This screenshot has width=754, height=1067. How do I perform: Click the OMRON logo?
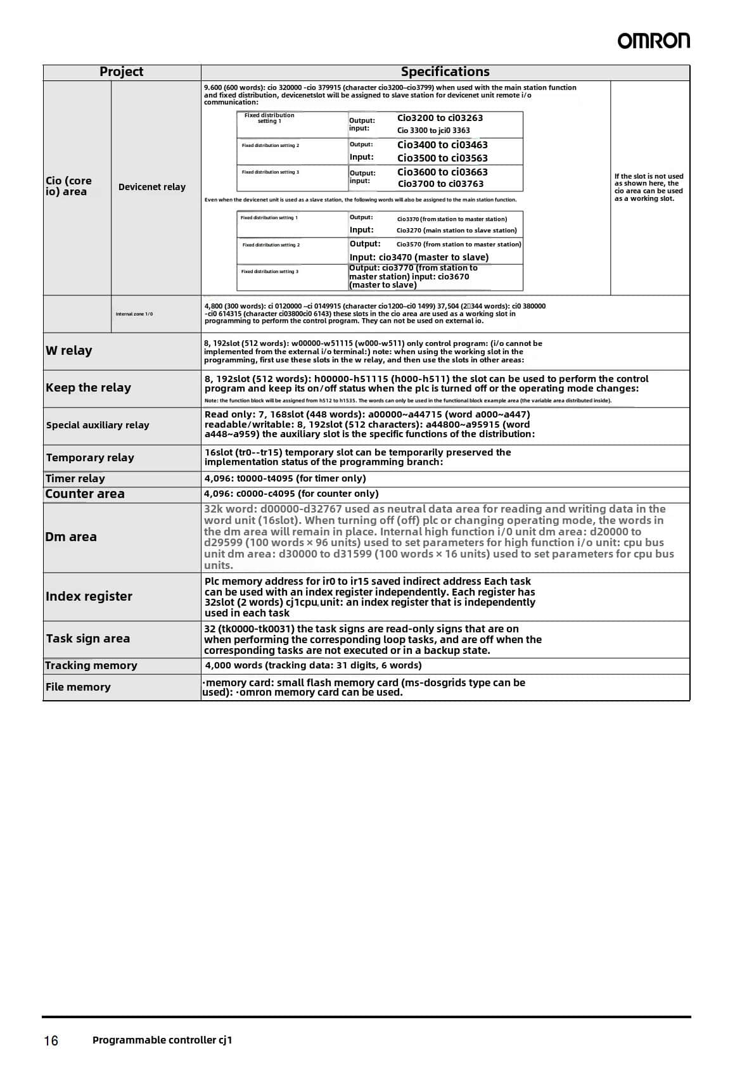coord(653,41)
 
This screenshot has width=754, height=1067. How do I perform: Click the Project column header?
coord(121,72)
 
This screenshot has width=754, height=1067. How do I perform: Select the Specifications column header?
coord(445,72)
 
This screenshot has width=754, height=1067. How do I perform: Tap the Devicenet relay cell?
coord(152,187)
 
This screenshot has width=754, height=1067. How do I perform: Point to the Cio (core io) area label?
coord(68,186)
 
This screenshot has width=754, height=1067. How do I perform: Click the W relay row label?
coord(68,350)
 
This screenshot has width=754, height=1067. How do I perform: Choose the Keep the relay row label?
coord(88,388)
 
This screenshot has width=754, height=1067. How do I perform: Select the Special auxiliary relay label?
coord(98,425)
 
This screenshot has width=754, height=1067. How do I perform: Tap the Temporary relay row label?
coord(90,457)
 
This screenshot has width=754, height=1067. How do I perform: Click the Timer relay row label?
coord(75,478)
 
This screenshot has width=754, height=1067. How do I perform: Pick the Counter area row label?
coord(85,494)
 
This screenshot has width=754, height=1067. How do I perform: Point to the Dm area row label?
coord(71,537)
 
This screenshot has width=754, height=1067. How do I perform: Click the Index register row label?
coord(89,596)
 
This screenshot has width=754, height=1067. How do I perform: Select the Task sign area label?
coord(87,639)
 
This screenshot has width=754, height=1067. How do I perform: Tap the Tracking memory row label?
coord(91,665)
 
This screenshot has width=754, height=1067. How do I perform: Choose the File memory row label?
coord(78,687)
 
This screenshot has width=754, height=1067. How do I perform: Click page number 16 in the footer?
coord(51,1040)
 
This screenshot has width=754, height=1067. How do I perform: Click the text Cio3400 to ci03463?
coord(442,145)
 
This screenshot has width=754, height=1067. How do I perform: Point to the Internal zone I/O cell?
coord(134,314)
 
